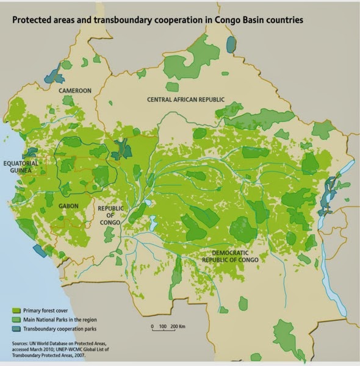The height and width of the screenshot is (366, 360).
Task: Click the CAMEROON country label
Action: [x=74, y=91]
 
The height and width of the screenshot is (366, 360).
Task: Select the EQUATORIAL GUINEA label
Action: [x=22, y=168]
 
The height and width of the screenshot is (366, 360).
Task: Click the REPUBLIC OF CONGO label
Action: [x=111, y=215]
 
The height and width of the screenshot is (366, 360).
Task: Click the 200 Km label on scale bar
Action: [x=178, y=327]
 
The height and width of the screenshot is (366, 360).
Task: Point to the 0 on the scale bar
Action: [x=153, y=327]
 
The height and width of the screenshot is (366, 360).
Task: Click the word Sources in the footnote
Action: [x=20, y=344]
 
